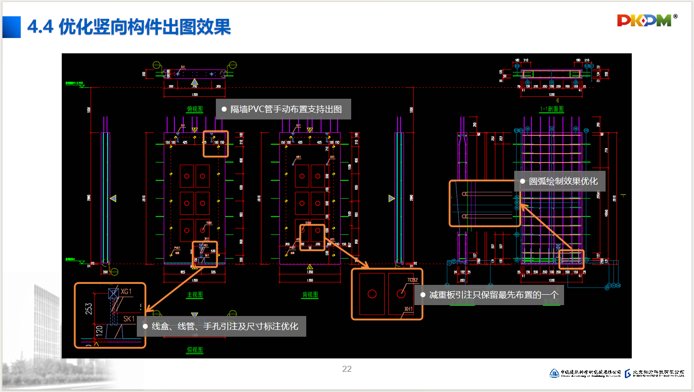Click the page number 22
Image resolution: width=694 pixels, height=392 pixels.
[x=347, y=369]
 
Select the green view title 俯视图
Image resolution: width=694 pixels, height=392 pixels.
[x=195, y=109]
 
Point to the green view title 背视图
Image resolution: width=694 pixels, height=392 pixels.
[x=310, y=295]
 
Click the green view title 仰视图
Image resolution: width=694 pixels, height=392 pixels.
[x=195, y=350]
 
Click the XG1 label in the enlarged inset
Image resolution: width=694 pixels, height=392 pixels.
[x=126, y=292]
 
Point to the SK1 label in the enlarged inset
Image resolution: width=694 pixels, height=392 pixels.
[x=129, y=319]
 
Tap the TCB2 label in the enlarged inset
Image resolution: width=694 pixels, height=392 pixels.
[x=412, y=279]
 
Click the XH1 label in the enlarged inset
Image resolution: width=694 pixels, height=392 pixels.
[x=408, y=309]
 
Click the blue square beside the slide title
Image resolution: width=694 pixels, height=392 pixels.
[x=11, y=27]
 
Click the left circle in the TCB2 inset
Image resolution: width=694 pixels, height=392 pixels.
[x=372, y=294]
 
